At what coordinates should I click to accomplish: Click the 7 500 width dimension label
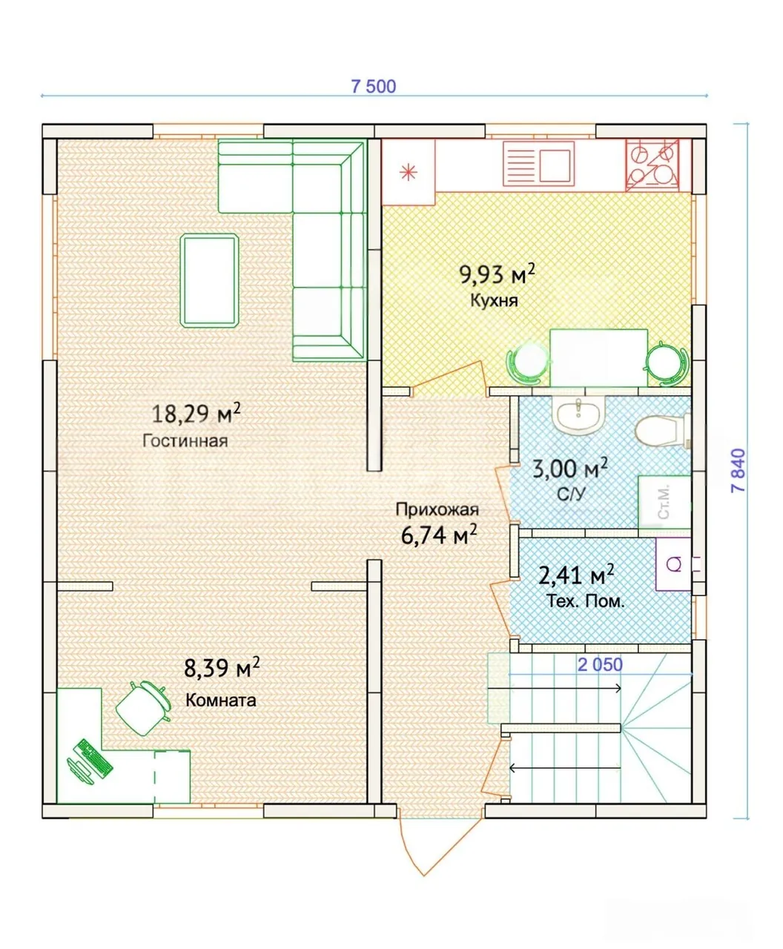coord(373,86)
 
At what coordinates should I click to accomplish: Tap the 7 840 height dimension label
coord(739,470)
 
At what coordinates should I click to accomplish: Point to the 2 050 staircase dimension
coord(600,664)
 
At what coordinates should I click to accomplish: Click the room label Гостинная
coord(185,441)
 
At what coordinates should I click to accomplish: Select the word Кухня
coord(494,300)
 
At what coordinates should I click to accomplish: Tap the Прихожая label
coord(437,509)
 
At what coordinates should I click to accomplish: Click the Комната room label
coord(220,700)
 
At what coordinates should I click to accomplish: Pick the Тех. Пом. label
coord(585,601)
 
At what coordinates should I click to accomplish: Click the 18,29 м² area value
coord(196,413)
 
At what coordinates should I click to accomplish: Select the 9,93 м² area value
coord(497,274)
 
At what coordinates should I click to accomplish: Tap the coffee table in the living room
coord(210,280)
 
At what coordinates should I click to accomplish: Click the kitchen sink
coord(538,163)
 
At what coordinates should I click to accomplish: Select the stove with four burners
coord(652,165)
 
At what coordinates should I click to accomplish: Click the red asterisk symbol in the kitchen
coord(408,172)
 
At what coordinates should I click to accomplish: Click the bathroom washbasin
coord(578,414)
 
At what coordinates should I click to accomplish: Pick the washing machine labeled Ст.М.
coord(664,502)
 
